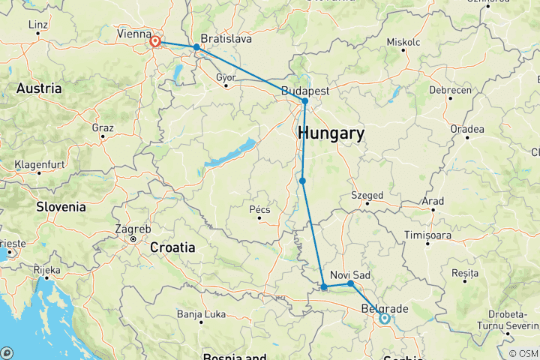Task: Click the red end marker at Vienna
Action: [x=155, y=41]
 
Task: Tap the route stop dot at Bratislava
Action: [x=196, y=47]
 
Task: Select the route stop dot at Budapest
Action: [x=305, y=101]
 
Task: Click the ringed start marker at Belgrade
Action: [x=384, y=318]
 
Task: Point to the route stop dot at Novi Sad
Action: [x=350, y=283]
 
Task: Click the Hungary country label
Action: [x=331, y=134]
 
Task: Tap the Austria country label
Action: [x=39, y=88]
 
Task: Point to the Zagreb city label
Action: [x=133, y=229]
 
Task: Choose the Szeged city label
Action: [x=367, y=196]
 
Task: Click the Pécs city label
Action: [x=259, y=209]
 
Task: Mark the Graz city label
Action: [x=102, y=127]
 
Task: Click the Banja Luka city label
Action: [x=200, y=313]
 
